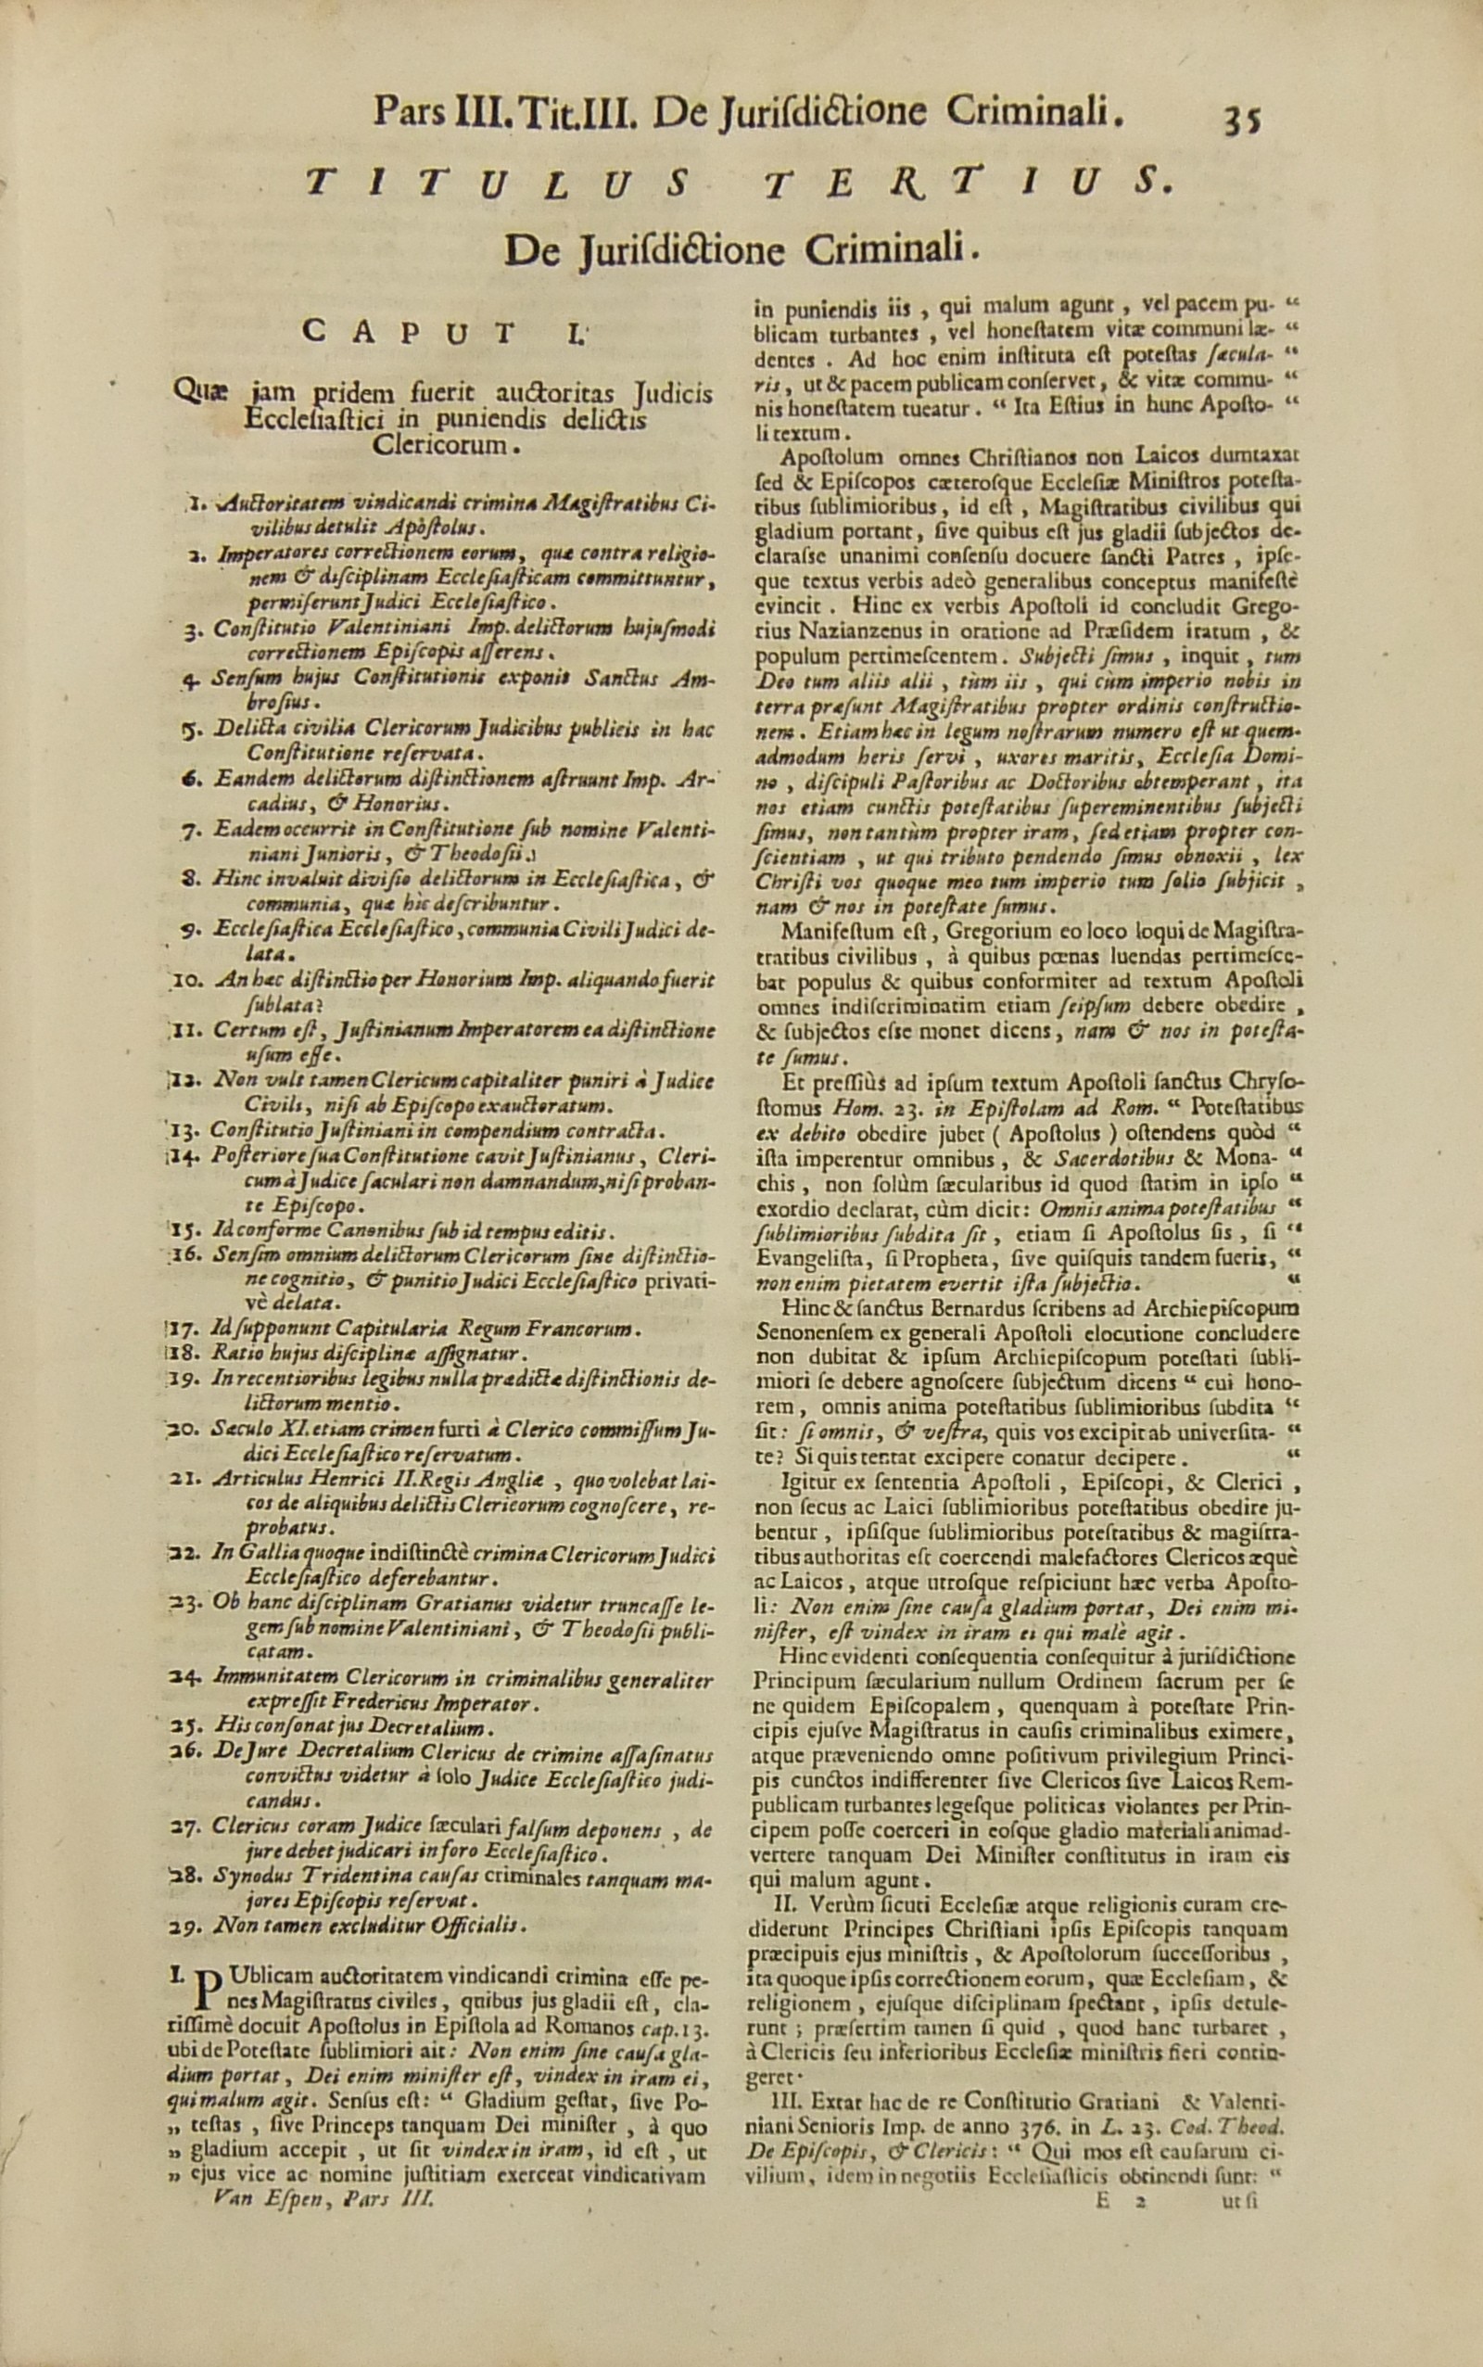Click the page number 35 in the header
[x=1240, y=120]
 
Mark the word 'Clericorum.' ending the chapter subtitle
[x=443, y=445]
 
